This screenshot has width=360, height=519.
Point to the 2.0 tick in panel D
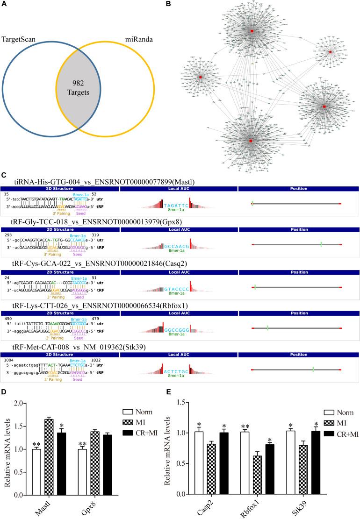pyautogui.click(x=29, y=403)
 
